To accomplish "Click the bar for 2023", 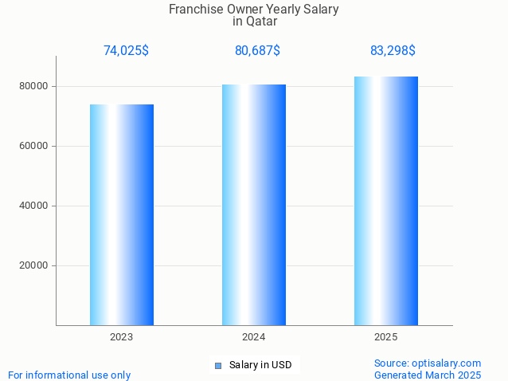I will point(122,214).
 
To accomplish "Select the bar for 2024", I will point(254,205).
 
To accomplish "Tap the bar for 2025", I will point(386,201).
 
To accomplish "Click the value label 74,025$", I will point(126,51).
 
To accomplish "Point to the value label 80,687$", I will point(257,51).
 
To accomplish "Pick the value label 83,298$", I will point(393,51).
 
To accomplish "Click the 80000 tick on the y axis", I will point(35,86).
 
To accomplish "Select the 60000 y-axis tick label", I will point(35,146).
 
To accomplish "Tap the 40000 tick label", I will point(35,206).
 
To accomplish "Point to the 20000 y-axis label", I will point(35,265).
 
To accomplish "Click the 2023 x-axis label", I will point(122,337).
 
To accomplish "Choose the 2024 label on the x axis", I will point(254,337).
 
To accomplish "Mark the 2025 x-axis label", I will point(386,337).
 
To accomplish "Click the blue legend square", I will point(217,366).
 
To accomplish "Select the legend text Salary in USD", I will point(260,365).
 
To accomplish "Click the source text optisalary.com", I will point(448,363).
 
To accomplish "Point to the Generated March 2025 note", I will point(428,375).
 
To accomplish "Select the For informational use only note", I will point(69,375).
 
